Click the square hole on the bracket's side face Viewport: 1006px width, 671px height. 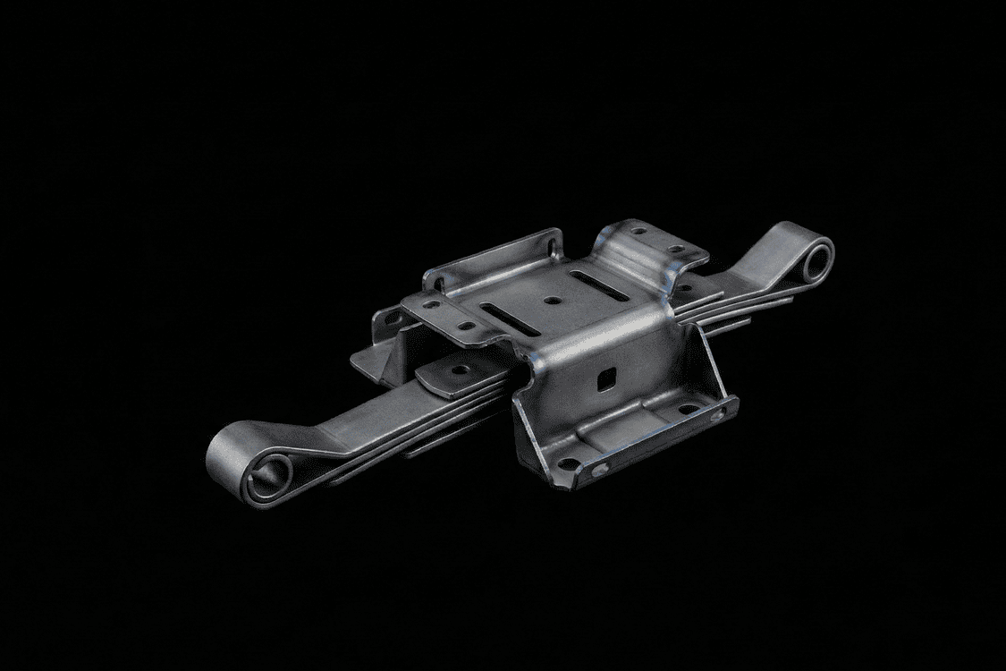[x=605, y=379]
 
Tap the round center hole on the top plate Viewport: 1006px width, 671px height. [x=553, y=302]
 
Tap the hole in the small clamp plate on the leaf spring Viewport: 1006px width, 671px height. [x=461, y=369]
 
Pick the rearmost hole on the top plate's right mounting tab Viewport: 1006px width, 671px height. [x=638, y=231]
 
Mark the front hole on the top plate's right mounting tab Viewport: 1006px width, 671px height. [x=677, y=248]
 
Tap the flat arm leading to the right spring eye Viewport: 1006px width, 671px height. [x=760, y=259]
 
